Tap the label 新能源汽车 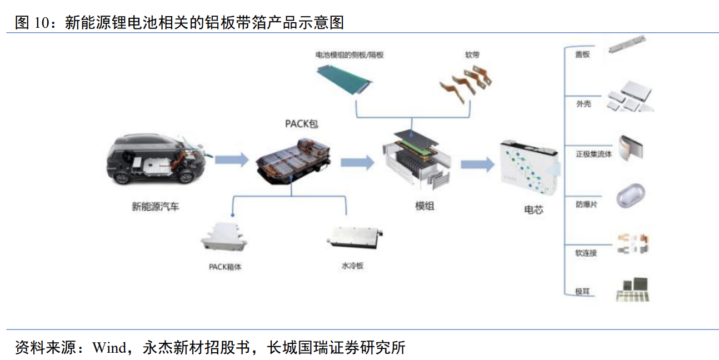click(156, 207)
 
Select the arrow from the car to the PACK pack click(231, 161)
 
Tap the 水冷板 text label click(352, 266)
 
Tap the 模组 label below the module click(425, 206)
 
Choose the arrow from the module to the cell click(477, 163)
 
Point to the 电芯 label click(533, 210)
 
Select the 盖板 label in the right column click(582, 54)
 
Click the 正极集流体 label click(593, 154)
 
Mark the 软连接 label click(586, 253)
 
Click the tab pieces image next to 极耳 click(633, 289)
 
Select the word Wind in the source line click(109, 348)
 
